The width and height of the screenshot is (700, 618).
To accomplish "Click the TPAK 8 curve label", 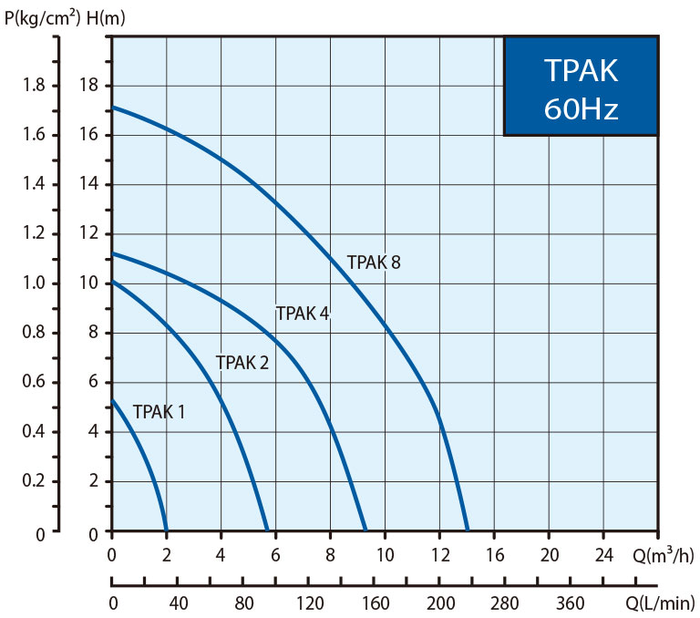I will [374, 263].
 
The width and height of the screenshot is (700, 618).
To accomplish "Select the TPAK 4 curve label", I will [303, 314].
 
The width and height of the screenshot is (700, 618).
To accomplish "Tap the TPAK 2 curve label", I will [242, 363].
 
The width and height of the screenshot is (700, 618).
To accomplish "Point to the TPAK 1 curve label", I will [159, 412].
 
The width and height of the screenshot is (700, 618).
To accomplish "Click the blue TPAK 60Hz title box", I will [581, 87].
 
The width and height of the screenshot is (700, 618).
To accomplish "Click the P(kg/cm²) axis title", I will [43, 16].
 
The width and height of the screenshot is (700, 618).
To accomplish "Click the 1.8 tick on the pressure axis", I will [33, 86].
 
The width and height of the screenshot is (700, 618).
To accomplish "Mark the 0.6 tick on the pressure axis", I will [33, 383].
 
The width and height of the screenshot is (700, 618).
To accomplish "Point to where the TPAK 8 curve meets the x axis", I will [468, 530].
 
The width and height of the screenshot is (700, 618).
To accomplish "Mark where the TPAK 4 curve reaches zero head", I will [365, 530].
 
